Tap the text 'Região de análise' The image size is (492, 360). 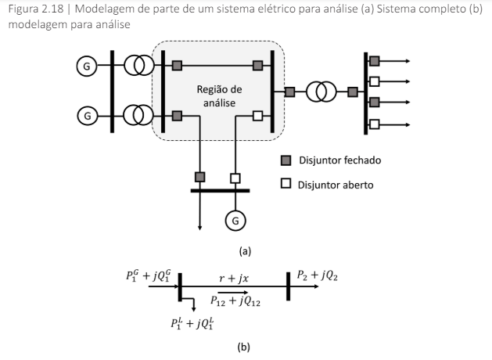point(218,96)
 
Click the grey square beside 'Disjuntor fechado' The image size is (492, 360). point(286,161)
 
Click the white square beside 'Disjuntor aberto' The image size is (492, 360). point(286,185)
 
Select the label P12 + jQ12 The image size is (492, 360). point(235,300)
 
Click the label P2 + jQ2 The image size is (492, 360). point(317,275)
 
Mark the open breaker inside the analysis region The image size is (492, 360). point(257,117)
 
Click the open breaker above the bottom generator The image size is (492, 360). point(233,177)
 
